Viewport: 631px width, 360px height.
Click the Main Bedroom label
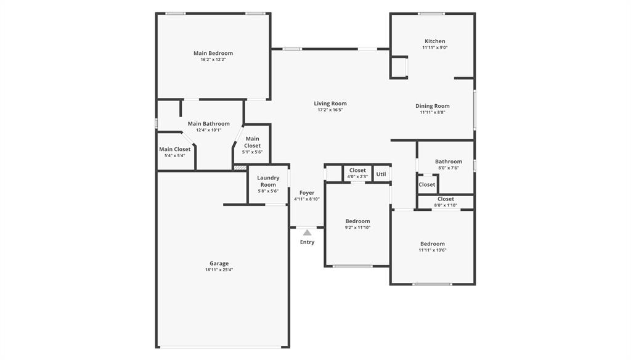click(x=213, y=53)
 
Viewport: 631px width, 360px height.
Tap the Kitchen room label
click(x=434, y=41)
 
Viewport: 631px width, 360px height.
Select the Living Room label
click(x=330, y=104)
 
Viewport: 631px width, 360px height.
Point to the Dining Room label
click(x=432, y=106)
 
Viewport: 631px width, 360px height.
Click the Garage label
click(x=219, y=263)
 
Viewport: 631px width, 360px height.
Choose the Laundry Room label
click(x=268, y=181)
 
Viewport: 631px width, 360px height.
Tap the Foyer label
click(x=307, y=193)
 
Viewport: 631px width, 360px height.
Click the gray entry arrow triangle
click(x=307, y=232)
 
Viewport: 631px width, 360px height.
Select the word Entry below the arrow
click(x=307, y=242)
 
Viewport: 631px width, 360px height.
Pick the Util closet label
click(x=381, y=174)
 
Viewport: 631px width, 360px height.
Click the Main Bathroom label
click(x=208, y=123)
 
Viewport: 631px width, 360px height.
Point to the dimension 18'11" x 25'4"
click(x=219, y=270)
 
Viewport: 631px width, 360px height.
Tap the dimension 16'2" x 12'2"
click(x=213, y=60)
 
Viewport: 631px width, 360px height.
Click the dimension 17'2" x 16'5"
click(x=330, y=110)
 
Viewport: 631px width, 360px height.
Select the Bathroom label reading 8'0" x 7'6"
click(x=449, y=162)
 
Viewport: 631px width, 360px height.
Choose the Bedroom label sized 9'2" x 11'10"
click(x=357, y=221)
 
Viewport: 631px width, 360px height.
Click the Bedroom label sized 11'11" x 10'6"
click(x=432, y=243)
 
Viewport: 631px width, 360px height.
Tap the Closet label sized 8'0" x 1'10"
click(x=446, y=199)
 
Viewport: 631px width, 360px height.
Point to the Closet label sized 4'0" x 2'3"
click(x=357, y=170)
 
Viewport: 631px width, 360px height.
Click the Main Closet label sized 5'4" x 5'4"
click(x=174, y=149)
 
